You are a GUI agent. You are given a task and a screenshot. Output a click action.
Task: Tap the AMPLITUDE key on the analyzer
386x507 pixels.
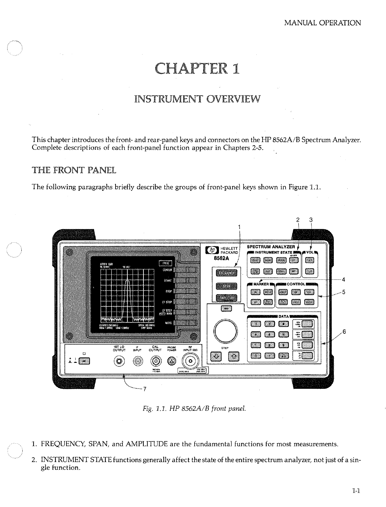pos(226,298)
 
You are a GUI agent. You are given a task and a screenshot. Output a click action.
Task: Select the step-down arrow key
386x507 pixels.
pos(216,356)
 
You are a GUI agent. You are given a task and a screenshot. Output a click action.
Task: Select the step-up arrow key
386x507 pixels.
pos(233,356)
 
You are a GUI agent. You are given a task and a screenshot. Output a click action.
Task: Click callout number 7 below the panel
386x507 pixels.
pos(144,389)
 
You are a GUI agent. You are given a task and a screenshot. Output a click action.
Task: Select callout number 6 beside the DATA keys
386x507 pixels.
pos(344,332)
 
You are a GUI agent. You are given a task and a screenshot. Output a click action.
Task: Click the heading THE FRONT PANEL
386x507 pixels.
pos(74,170)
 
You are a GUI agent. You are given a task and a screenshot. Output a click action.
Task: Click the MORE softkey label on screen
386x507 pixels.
pos(168,323)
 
